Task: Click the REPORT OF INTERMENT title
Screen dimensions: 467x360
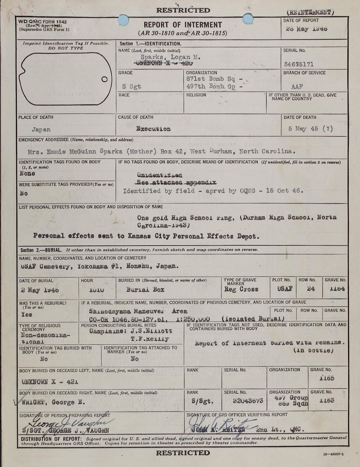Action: [183, 25]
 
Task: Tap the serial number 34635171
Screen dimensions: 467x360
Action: [299, 64]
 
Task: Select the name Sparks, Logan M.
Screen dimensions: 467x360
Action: [170, 57]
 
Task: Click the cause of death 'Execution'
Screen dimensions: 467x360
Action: [153, 129]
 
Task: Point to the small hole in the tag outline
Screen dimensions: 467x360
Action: [104, 79]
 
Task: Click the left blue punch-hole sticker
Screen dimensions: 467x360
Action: [124, 20]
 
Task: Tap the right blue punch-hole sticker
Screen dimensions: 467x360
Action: [248, 19]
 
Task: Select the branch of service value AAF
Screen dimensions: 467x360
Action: [297, 87]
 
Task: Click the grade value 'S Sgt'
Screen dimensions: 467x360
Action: [132, 87]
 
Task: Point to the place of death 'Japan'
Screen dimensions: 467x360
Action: [41, 129]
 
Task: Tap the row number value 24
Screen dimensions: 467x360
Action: [311, 289]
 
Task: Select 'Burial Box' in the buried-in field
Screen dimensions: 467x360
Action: [145, 289]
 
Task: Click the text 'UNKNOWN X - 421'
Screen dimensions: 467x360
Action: [50, 382]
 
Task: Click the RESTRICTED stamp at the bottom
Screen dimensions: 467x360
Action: [183, 453]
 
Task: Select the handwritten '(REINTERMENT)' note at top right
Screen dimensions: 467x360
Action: [310, 13]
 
